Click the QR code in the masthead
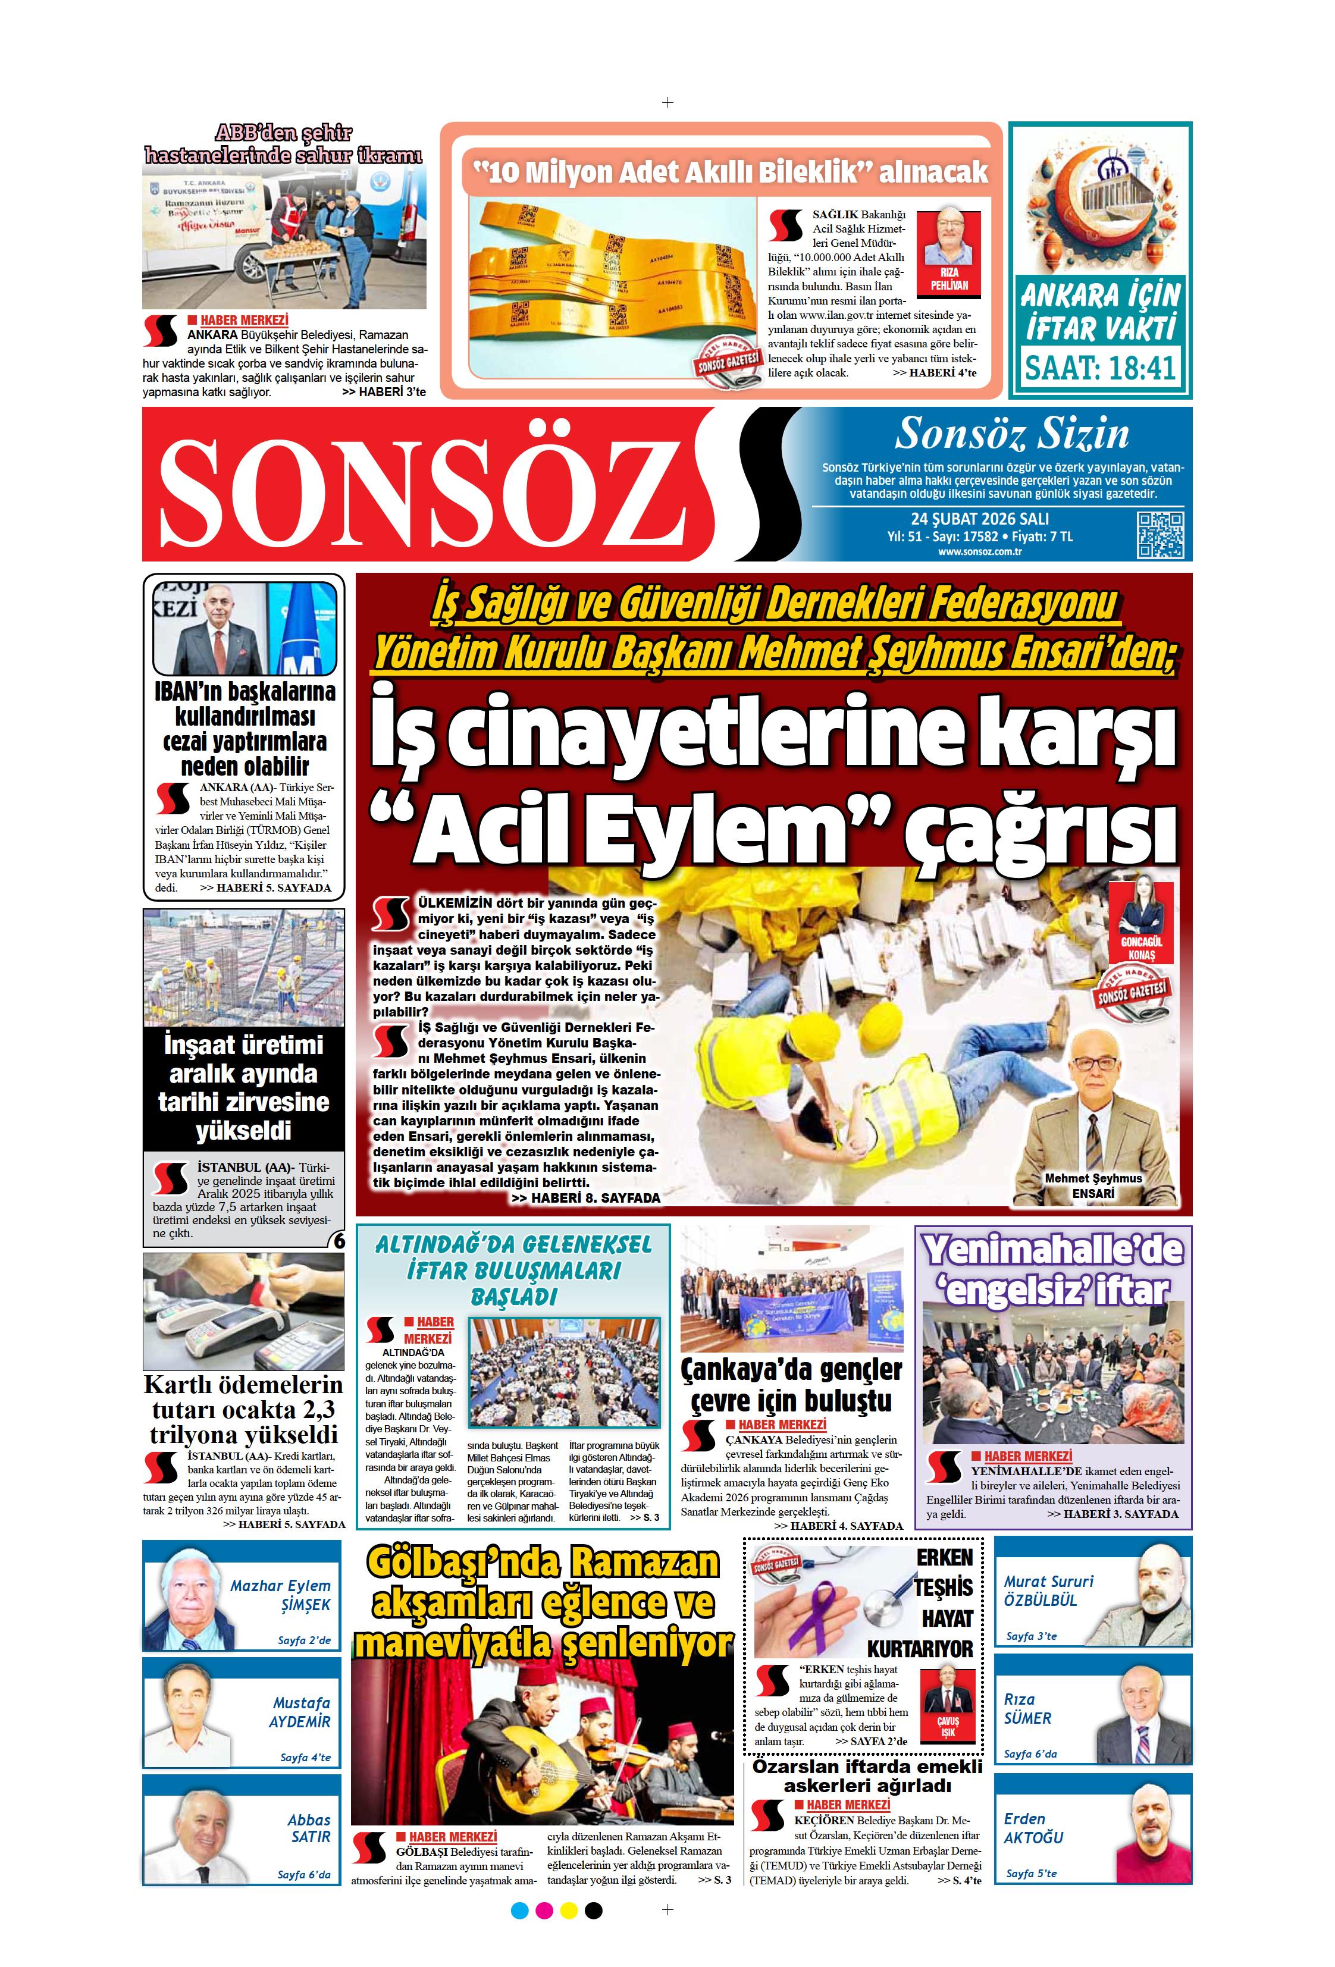1159,535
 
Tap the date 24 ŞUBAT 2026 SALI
979,519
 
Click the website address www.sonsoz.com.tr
979,552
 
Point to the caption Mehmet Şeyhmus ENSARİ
1093,1185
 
